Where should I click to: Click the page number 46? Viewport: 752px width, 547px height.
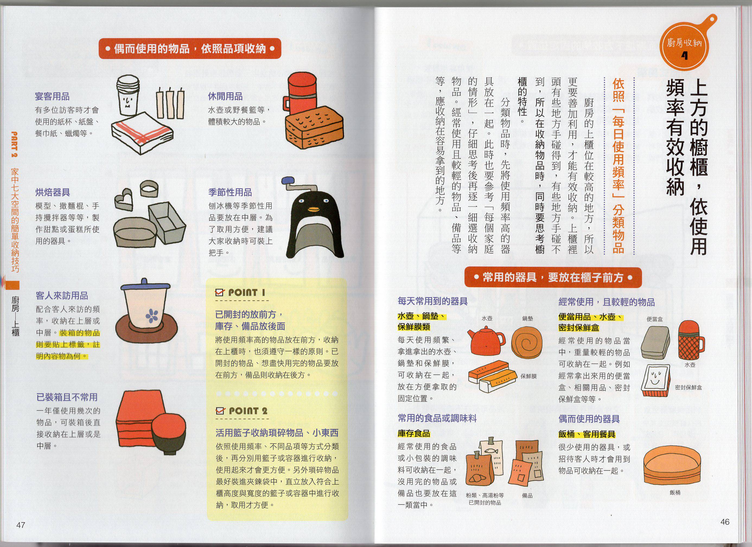[x=725, y=522]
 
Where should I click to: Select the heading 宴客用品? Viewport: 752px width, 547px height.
[x=52, y=97]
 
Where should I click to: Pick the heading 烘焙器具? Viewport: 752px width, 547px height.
[x=52, y=192]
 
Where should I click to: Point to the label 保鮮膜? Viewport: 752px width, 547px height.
[x=528, y=376]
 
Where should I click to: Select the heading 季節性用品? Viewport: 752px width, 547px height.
[x=230, y=192]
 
